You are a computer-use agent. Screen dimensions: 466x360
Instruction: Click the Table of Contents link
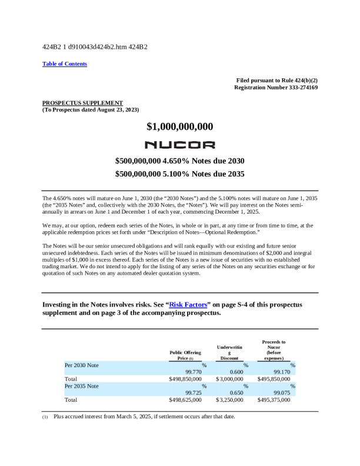[x=65, y=64]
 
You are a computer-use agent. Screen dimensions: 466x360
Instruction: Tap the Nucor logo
[x=180, y=145]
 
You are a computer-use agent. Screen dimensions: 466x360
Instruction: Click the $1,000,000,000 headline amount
[x=180, y=127]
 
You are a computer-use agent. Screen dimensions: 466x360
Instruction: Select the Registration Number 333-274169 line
[x=276, y=87]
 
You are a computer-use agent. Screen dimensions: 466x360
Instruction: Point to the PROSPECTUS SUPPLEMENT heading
[x=82, y=102]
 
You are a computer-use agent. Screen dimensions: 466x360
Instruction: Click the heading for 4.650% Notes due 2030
[x=180, y=161]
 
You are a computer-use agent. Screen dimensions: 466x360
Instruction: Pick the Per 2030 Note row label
[x=82, y=365]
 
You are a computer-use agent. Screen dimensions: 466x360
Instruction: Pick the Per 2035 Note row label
[x=82, y=386]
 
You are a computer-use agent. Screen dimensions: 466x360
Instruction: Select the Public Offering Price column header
[x=185, y=355]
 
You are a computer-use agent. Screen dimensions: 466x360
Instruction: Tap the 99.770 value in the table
[x=194, y=372]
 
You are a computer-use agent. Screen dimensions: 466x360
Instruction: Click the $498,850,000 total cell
[x=185, y=379]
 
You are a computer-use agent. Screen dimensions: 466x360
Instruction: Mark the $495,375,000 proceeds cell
[x=274, y=400]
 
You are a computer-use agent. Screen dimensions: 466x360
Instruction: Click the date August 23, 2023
[x=115, y=109]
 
